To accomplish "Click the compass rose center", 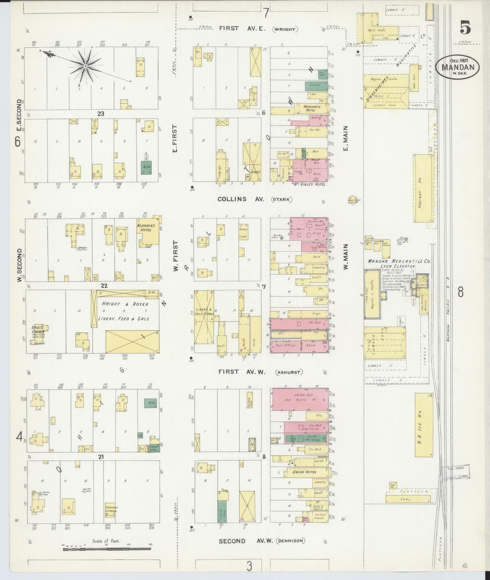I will click(86, 66).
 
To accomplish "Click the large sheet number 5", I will click(465, 28).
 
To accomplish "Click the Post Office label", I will click(286, 345).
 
